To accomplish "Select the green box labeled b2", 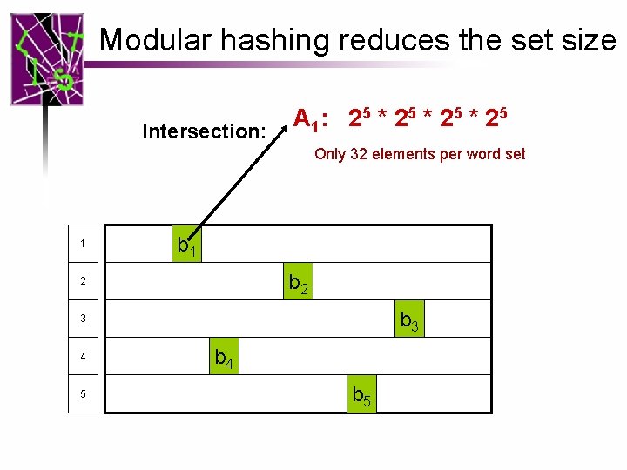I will click(x=298, y=282).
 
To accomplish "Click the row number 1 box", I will click(x=82, y=244).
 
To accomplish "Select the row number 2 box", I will click(x=82, y=282).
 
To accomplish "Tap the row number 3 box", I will click(x=82, y=319).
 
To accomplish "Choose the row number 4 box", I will click(x=82, y=357).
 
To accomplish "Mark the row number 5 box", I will click(x=82, y=394).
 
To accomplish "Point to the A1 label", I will click(x=309, y=118).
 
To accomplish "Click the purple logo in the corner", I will click(x=47, y=58).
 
